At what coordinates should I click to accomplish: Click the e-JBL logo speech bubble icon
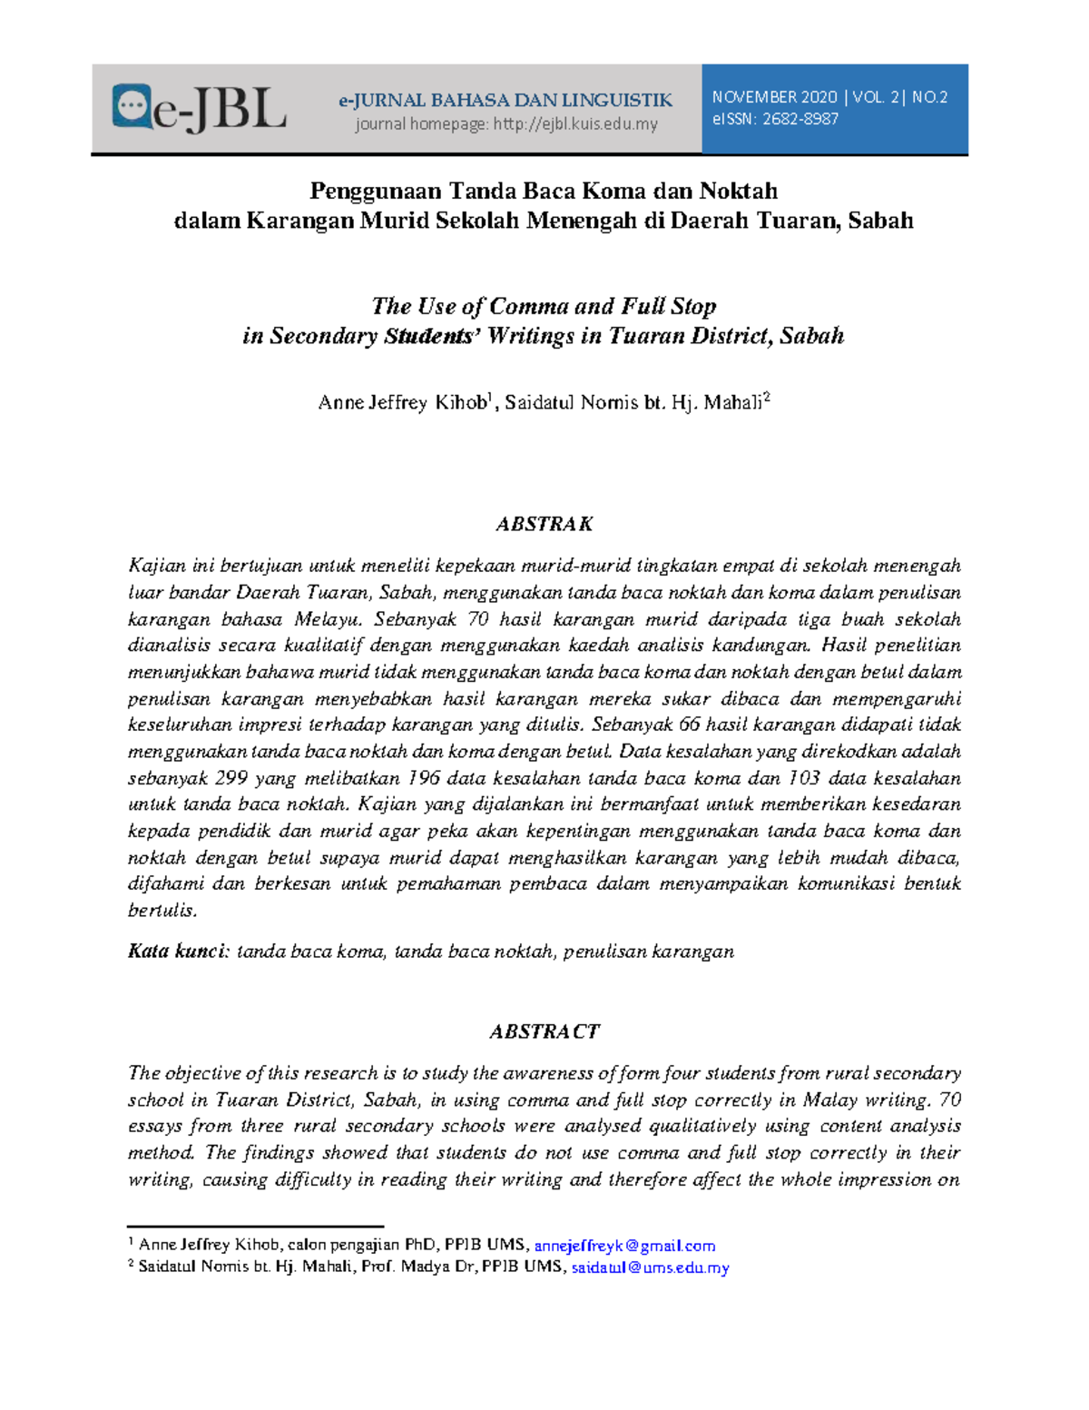pyautogui.click(x=132, y=106)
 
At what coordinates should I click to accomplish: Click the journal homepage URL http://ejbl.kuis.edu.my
pyautogui.click(x=575, y=124)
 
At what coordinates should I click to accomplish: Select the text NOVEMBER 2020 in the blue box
pyautogui.click(x=774, y=97)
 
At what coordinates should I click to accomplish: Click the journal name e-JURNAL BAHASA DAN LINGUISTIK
pyautogui.click(x=505, y=100)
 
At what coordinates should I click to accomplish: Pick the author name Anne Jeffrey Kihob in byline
pyautogui.click(x=402, y=403)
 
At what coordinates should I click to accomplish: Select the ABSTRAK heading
pyautogui.click(x=544, y=524)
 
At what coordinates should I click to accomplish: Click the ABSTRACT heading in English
pyautogui.click(x=544, y=1031)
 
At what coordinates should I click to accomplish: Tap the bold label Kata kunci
pyautogui.click(x=178, y=952)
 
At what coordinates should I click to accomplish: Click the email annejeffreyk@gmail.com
pyautogui.click(x=624, y=1246)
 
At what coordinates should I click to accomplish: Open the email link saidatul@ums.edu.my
pyautogui.click(x=650, y=1267)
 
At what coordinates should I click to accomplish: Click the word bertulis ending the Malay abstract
pyautogui.click(x=162, y=911)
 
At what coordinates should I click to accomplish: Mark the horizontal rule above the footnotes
pyautogui.click(x=255, y=1227)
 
